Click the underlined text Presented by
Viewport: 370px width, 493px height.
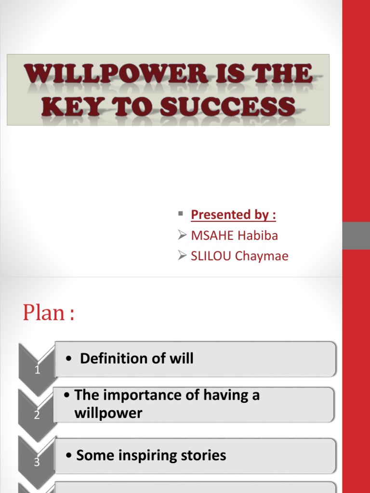tap(233, 215)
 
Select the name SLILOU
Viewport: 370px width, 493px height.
tap(211, 256)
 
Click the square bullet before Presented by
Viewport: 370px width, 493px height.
tap(180, 213)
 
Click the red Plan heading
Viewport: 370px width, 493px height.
tap(49, 313)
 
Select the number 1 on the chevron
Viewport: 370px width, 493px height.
tap(37, 370)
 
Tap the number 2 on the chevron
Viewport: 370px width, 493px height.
tap(37, 415)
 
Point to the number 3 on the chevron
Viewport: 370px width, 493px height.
tap(37, 462)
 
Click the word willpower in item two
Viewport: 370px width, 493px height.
tap(108, 413)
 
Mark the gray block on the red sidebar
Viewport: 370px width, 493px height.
tap(356, 235)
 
